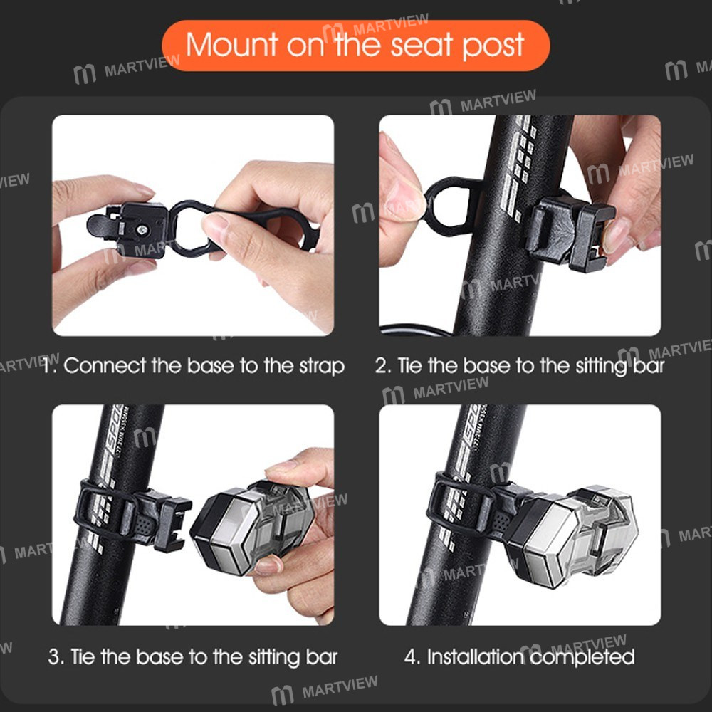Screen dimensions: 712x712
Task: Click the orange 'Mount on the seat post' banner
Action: click(x=355, y=45)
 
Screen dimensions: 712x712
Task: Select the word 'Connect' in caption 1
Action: click(x=105, y=366)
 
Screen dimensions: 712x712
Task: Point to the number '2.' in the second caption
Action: click(x=383, y=366)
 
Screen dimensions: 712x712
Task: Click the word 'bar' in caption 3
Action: click(x=320, y=656)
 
